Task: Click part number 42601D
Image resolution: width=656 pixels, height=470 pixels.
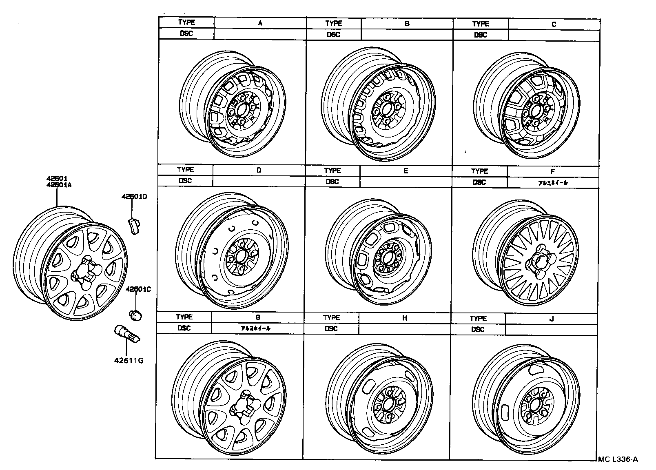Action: coord(134,197)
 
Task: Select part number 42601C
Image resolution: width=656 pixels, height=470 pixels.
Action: coord(138,289)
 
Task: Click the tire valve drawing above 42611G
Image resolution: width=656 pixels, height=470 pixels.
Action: coord(126,334)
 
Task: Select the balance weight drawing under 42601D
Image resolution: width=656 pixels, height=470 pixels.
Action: coord(133,226)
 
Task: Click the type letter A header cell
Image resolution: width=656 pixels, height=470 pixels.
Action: coord(260,23)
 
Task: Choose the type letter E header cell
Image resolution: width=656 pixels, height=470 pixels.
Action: coord(406,171)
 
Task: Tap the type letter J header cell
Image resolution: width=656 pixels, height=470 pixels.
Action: coord(552,319)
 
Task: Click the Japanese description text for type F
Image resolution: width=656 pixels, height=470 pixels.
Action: coord(553,183)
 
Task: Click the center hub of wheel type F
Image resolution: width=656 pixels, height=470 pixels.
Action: coord(539,261)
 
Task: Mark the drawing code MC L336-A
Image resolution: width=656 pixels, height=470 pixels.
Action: coord(618,460)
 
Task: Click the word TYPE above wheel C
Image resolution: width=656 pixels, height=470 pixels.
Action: coord(481,24)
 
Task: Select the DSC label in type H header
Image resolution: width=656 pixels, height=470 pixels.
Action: coord(331,329)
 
